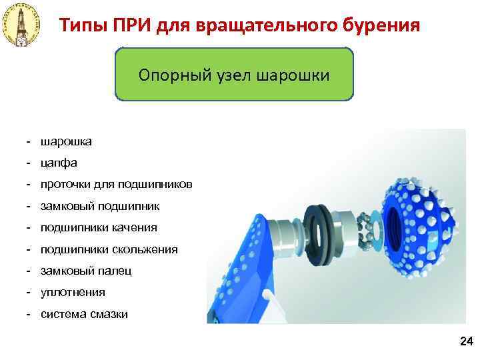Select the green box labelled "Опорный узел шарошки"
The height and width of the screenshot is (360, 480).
click(x=234, y=74)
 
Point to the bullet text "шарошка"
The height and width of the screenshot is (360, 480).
click(x=67, y=141)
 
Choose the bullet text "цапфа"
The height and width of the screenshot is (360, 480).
click(x=59, y=163)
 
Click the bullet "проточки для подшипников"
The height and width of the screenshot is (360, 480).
click(x=117, y=184)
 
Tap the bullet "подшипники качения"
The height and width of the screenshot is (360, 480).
click(x=99, y=227)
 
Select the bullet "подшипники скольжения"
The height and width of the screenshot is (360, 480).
click(x=109, y=249)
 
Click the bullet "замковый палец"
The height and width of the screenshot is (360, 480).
click(x=86, y=271)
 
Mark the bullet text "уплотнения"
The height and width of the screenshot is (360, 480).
click(x=73, y=292)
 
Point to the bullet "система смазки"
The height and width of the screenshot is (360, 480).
click(x=84, y=314)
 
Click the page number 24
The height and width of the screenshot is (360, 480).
click(x=465, y=342)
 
